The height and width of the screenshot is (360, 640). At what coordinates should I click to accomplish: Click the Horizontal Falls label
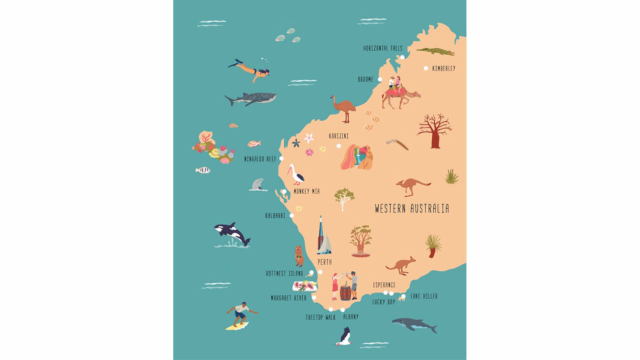(383, 48)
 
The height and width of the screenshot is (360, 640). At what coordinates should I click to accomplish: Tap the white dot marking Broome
(380, 79)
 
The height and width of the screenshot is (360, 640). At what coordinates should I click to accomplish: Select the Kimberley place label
(444, 68)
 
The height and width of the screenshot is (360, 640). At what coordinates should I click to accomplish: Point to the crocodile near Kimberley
(435, 51)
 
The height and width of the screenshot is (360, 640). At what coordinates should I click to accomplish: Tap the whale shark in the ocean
(251, 98)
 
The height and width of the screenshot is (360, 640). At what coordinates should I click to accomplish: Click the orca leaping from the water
(232, 234)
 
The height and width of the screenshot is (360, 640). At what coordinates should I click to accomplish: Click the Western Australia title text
(412, 209)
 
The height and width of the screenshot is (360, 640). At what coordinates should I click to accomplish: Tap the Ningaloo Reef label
(260, 159)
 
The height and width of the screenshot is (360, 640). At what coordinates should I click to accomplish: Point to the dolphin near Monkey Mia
(258, 184)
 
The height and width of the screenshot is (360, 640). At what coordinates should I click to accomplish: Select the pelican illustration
(297, 175)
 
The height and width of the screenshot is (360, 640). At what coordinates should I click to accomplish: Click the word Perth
(324, 262)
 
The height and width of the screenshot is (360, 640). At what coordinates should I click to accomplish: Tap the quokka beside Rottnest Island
(299, 256)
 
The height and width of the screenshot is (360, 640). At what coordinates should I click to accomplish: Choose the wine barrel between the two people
(345, 292)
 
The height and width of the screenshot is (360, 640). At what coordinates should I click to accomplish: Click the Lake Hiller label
(424, 296)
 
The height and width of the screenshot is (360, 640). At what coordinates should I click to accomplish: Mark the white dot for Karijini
(339, 146)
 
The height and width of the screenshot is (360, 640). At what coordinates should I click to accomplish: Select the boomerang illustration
(398, 144)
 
